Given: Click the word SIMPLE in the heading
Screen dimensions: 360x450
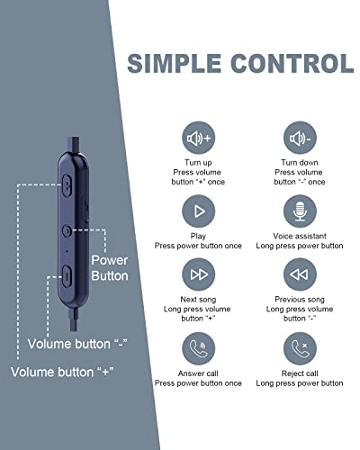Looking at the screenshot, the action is tap(175, 63).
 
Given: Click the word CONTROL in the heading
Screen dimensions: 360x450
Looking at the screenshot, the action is tap(292, 63).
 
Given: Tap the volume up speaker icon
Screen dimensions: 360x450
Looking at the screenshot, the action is tap(199, 138).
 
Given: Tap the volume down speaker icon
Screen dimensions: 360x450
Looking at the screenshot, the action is tap(300, 138).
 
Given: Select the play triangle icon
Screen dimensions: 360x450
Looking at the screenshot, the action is tap(199, 211).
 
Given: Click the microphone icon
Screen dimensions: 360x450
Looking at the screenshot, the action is tap(300, 211).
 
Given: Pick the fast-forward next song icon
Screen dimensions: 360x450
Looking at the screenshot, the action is tap(199, 274).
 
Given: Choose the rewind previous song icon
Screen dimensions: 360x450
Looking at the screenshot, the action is tap(300, 274).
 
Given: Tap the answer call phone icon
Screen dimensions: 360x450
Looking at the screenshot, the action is tap(199, 348).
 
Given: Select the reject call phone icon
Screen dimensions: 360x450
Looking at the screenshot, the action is tap(300, 348).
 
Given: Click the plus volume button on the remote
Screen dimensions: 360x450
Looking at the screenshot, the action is tap(67, 185).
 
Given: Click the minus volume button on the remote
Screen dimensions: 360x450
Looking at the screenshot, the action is tap(67, 276).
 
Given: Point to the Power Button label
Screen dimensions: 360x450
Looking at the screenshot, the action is tap(110, 268).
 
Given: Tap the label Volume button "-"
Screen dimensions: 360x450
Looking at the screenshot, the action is tap(77, 344).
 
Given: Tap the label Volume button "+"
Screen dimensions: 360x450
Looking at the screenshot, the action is tap(62, 373).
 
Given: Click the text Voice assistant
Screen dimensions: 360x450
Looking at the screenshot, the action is tap(300, 236).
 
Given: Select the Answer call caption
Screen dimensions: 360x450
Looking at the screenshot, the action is tap(198, 373).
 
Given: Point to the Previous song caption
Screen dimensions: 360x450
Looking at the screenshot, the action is tap(300, 300).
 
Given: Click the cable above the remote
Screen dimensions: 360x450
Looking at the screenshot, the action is tap(74, 145).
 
